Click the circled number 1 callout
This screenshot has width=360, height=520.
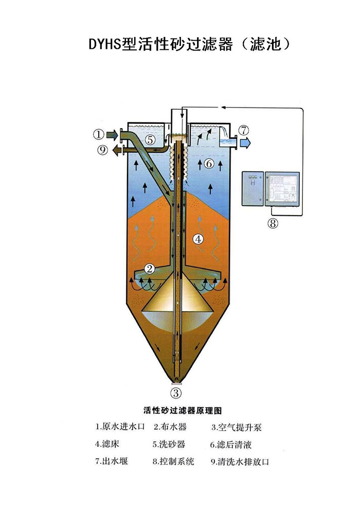99,135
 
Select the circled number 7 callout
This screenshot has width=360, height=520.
243,130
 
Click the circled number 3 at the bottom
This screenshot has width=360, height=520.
176,393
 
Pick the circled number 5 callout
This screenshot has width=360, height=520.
150,139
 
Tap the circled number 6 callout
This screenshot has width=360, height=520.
208,164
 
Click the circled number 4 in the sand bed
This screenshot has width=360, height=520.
198,239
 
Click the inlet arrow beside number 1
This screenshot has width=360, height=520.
112,135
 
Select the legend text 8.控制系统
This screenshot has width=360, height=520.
173,461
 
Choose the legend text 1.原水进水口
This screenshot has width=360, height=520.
121,427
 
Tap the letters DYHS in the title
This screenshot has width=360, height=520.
105,45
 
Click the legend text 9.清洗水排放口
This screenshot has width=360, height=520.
240,461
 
